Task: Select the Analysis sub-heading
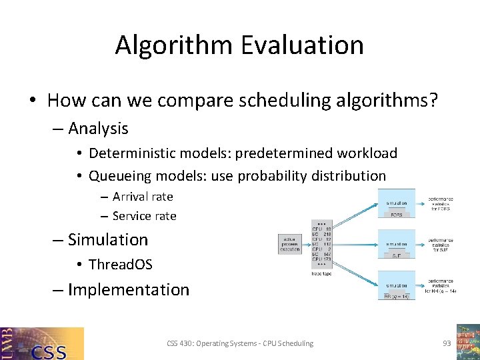(x=98, y=128)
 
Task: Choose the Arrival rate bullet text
(x=143, y=197)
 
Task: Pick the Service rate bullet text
(x=144, y=216)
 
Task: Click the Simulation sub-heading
(x=107, y=239)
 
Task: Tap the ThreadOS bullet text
(x=120, y=265)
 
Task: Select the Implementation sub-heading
(x=128, y=290)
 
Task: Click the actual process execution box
(x=289, y=243)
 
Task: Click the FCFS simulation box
(x=396, y=203)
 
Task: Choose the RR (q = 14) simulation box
(x=396, y=285)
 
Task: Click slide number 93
(x=447, y=343)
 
